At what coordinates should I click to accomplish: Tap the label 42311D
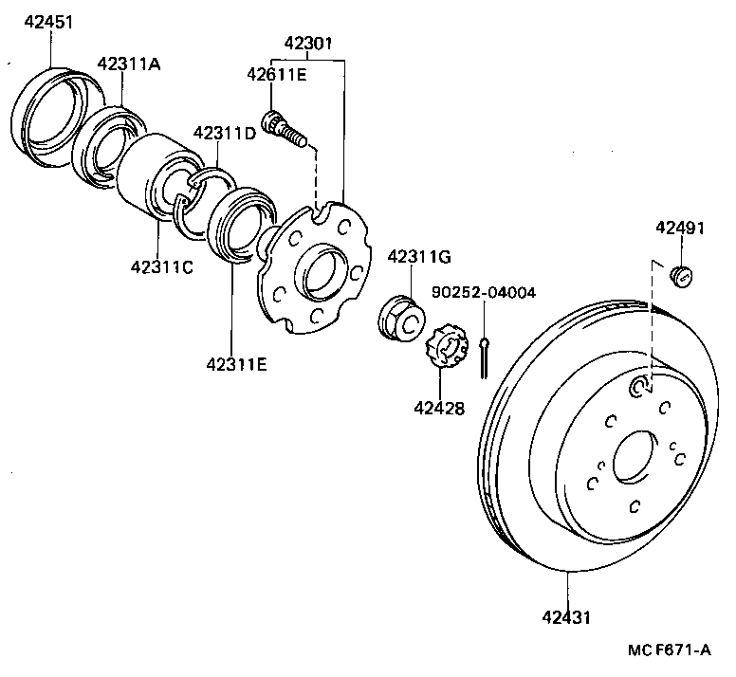click(x=225, y=133)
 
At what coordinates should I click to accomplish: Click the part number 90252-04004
click(x=484, y=292)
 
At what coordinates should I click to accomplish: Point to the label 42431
click(x=567, y=617)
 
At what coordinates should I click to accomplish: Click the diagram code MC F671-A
click(x=669, y=652)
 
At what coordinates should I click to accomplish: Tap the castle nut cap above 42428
click(x=444, y=348)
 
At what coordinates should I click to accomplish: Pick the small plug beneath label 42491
click(x=680, y=276)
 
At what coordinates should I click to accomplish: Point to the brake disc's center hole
click(x=634, y=457)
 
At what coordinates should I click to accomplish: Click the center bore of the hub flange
click(x=321, y=271)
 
